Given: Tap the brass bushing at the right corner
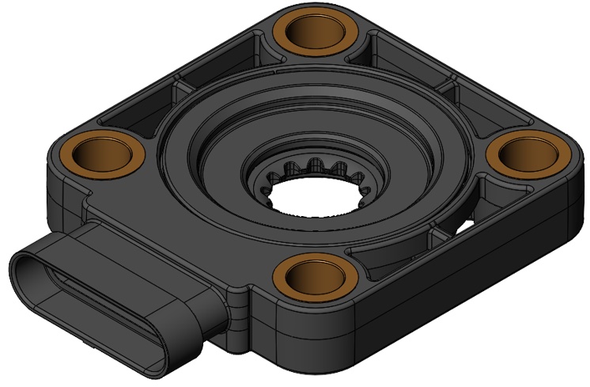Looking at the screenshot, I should (x=523, y=157).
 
